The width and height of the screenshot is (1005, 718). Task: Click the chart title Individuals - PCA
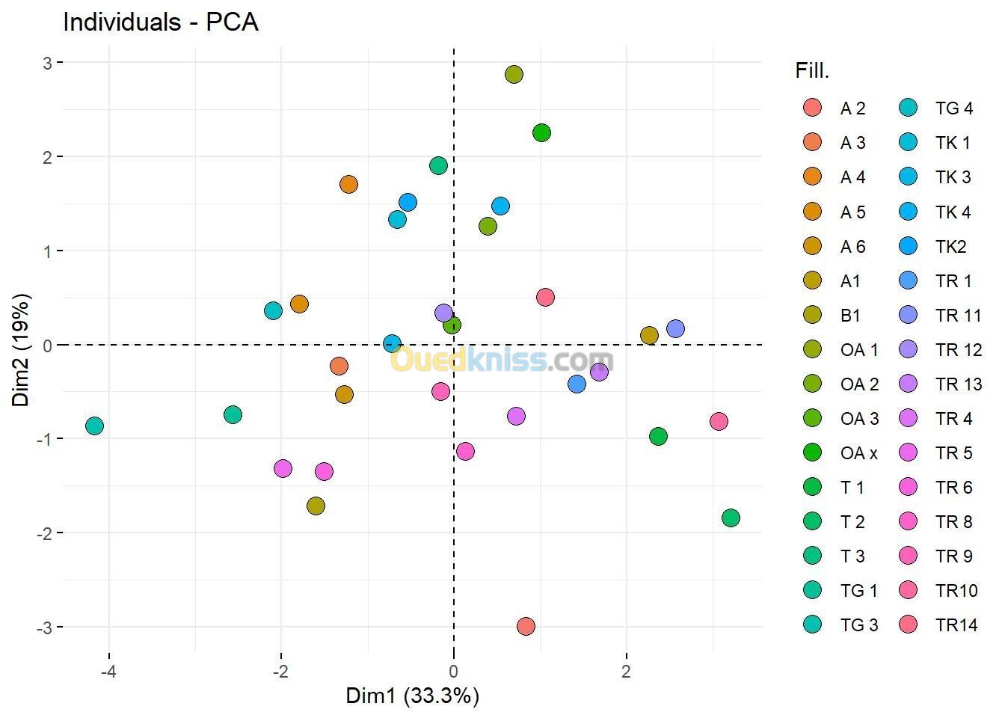(161, 22)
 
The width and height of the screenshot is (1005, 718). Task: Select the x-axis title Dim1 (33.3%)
(412, 696)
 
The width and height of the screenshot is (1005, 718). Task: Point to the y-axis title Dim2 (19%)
(22, 349)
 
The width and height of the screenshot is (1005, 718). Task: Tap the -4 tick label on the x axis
(109, 671)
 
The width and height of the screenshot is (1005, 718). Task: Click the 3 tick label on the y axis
(47, 63)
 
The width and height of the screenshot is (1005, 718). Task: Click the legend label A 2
(852, 108)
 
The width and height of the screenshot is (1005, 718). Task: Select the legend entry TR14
(956, 625)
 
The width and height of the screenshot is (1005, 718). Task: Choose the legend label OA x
(858, 452)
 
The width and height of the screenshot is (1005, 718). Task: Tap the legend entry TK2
(950, 246)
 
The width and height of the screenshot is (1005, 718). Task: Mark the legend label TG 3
(858, 625)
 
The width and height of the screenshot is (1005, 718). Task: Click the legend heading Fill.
(812, 71)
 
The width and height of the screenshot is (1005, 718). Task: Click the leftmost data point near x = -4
(94, 426)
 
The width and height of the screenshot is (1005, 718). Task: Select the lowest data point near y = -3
(526, 626)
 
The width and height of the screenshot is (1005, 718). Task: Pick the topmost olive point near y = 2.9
(514, 74)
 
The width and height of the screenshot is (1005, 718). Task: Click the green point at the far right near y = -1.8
(731, 518)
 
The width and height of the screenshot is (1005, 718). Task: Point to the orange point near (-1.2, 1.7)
(348, 184)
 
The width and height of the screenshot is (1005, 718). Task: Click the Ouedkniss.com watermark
(502, 360)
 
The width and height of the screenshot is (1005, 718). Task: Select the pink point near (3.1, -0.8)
(719, 421)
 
